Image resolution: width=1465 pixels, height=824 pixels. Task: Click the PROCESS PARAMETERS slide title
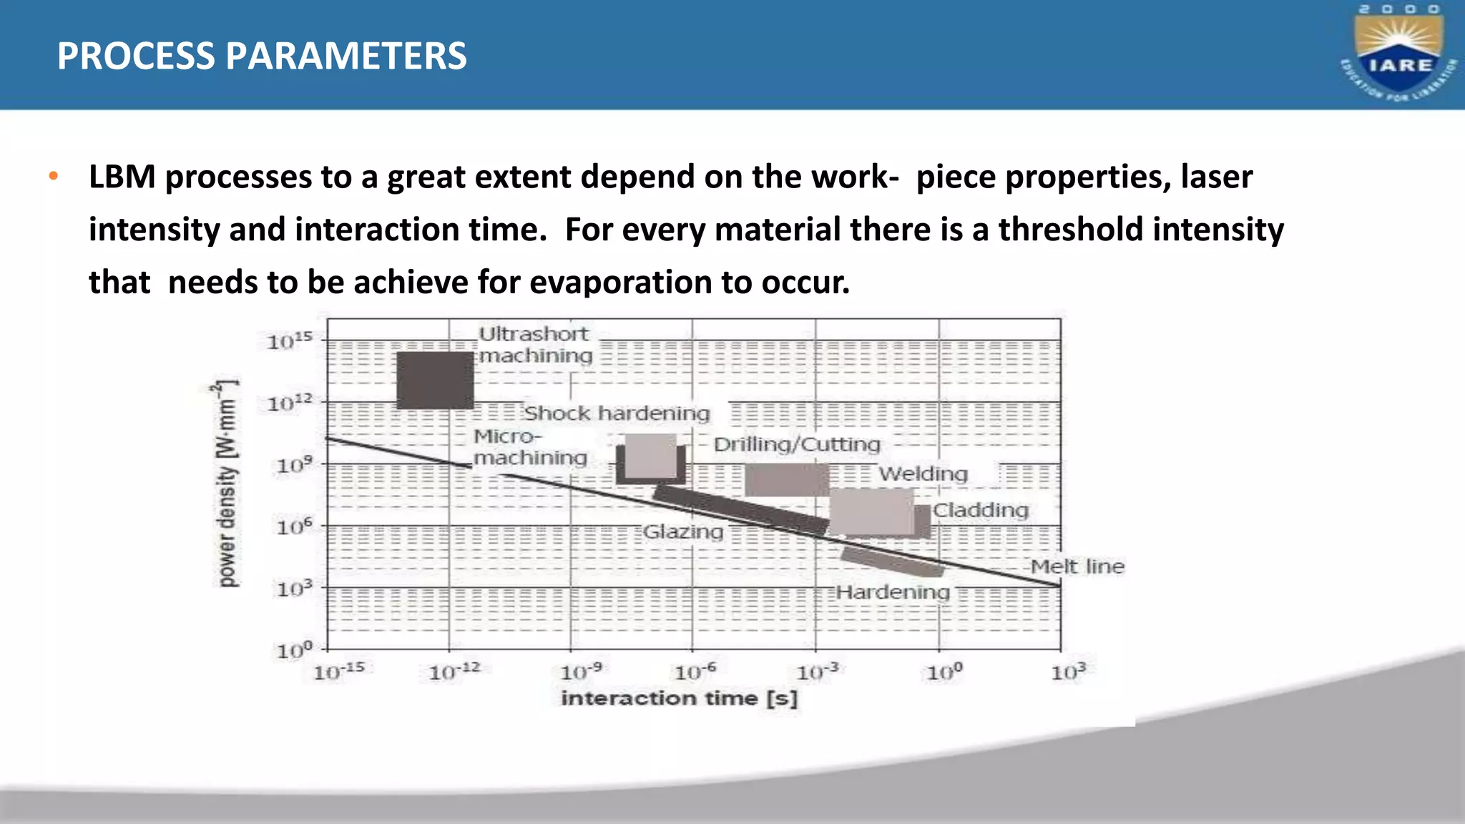(262, 56)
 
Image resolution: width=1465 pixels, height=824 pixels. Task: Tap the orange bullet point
(53, 177)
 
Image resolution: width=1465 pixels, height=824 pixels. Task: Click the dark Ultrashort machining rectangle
(435, 380)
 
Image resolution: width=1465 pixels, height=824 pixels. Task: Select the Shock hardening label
(617, 413)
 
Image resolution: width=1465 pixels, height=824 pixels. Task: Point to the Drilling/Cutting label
(797, 444)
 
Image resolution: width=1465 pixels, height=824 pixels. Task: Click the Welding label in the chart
(923, 474)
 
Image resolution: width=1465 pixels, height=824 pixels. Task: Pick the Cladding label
(981, 510)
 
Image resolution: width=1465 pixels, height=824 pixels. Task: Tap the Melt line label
(1077, 566)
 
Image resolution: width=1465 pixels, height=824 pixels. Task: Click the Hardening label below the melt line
(893, 592)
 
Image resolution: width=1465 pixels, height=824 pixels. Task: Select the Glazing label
(683, 531)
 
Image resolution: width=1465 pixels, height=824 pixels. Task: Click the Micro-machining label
(530, 447)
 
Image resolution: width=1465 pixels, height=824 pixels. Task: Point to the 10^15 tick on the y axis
(290, 341)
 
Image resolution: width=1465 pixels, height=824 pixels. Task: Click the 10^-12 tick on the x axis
(454, 672)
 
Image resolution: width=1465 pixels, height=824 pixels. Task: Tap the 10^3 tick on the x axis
(1068, 672)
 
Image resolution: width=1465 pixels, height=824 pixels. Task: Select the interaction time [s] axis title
(679, 698)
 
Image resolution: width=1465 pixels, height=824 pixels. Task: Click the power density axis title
(227, 484)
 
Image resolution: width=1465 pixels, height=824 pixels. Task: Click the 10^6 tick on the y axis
(295, 527)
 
